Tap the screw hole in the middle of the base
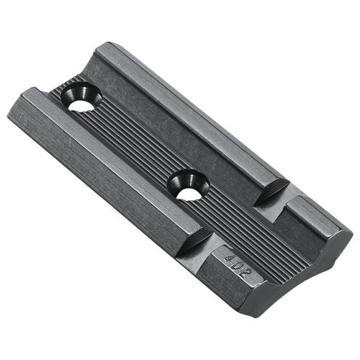pyautogui.click(x=186, y=183)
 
